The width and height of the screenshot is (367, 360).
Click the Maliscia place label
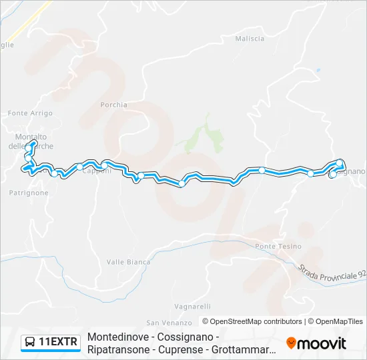[x=250, y=39]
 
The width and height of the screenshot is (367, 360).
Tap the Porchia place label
[x=113, y=105]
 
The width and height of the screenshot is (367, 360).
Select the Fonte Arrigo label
[x=30, y=114]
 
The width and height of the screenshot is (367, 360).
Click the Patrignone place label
[x=29, y=193]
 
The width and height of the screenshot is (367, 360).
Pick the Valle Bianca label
[x=128, y=262]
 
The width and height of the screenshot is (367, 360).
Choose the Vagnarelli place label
[x=192, y=307]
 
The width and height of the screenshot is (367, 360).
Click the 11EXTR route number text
[x=59, y=343]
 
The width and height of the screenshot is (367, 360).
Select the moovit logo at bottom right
[x=316, y=343]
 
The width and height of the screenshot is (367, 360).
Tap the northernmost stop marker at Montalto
[x=33, y=143]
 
